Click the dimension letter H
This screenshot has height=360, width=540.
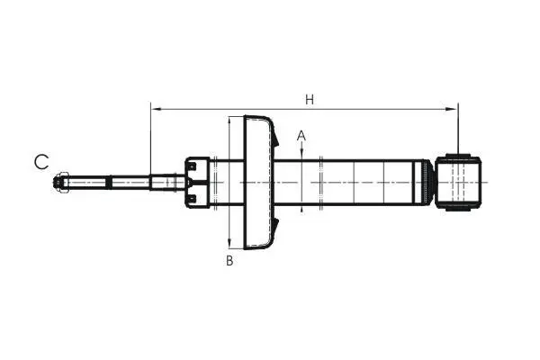310,100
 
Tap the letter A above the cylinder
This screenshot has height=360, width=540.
301,136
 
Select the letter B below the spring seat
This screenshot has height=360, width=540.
229,261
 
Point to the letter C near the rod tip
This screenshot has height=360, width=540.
41,162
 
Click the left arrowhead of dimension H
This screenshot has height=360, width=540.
157,109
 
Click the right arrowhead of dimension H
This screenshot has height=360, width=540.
452,109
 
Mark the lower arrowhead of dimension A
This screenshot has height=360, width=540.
301,210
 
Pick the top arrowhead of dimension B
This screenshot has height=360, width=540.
229,122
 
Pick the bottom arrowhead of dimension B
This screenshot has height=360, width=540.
229,243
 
